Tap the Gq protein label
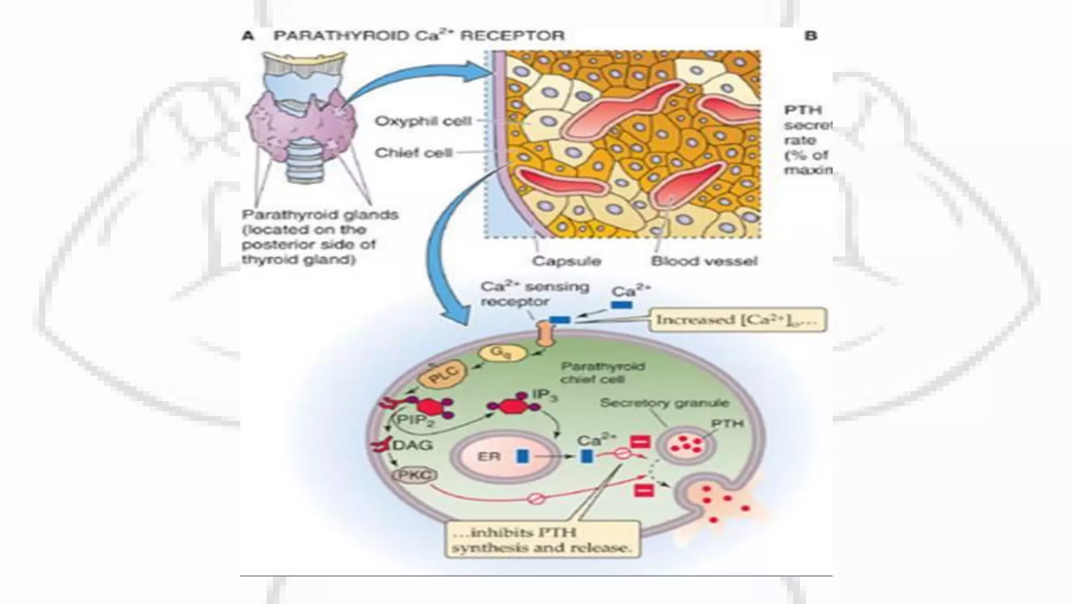501,352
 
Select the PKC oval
414,476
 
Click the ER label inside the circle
489,456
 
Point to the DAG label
412,445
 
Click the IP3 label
544,396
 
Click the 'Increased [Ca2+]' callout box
737,320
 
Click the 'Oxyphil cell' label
423,121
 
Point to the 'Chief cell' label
413,153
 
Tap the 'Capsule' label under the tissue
566,261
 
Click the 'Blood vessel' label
704,261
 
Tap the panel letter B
811,36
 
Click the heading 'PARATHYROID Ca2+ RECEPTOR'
419,36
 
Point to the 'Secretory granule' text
664,403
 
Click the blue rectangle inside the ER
522,456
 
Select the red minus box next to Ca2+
640,442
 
